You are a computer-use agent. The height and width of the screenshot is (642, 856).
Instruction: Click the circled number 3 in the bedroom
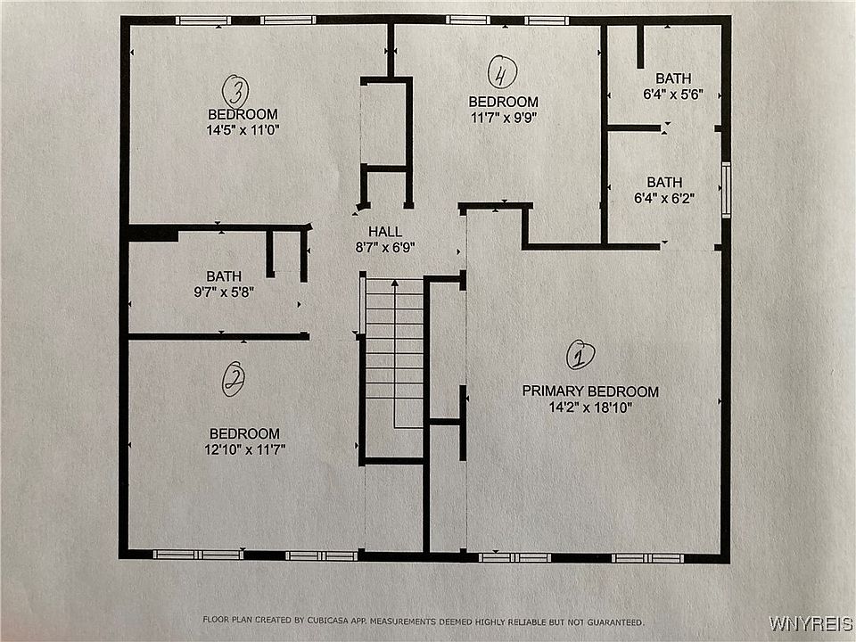(235, 92)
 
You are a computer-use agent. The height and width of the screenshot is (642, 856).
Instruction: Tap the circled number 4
(502, 72)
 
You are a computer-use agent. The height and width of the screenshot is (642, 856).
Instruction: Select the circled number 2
(234, 379)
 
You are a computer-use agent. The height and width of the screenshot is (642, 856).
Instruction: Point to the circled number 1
(580, 356)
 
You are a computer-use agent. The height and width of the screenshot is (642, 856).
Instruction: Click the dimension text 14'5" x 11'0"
(243, 130)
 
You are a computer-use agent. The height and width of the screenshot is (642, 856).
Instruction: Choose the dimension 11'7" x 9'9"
(504, 118)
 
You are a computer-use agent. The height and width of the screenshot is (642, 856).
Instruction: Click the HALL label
(385, 232)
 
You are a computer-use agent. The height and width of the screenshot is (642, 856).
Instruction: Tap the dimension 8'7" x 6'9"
(385, 248)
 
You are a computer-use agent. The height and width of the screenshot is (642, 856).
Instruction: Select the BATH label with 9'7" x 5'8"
(224, 276)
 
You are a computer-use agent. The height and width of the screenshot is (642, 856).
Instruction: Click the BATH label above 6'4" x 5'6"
(673, 78)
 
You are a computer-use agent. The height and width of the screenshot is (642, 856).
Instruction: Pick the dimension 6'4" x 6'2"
(663, 198)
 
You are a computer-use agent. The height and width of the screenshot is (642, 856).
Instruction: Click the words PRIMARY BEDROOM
(590, 391)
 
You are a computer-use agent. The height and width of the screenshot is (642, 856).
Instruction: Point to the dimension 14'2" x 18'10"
(590, 407)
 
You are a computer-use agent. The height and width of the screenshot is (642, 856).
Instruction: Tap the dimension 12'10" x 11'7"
(244, 449)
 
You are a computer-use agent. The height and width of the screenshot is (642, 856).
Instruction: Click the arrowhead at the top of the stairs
(395, 283)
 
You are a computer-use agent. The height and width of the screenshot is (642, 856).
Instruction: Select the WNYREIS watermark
(811, 623)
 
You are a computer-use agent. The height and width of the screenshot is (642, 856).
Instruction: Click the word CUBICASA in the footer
(327, 621)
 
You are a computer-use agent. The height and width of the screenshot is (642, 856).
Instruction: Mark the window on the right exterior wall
(726, 190)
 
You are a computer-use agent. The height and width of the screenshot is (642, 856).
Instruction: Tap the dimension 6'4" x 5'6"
(673, 95)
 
